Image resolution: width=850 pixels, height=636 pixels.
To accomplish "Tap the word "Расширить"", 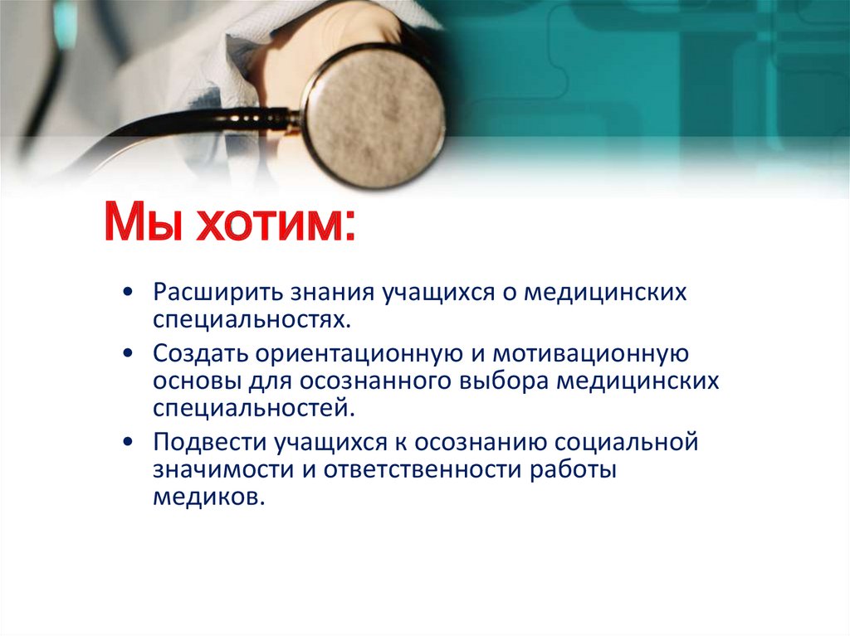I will tap(217, 294).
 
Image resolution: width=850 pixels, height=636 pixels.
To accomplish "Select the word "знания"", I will tap(331, 294).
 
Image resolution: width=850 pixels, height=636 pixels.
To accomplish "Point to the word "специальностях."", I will tap(247, 319).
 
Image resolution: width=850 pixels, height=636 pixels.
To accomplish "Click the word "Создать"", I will tap(199, 356).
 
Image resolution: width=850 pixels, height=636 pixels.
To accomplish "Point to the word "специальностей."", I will tap(247, 407).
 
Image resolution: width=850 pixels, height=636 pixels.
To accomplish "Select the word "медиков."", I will tap(208, 495).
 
